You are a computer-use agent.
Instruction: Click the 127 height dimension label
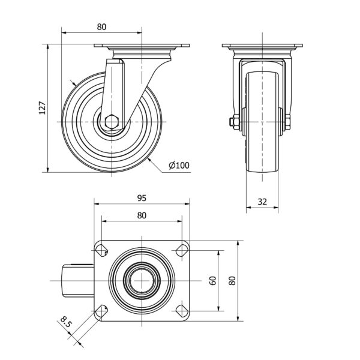pos(43,107)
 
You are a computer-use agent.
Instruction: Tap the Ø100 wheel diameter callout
pos(179,166)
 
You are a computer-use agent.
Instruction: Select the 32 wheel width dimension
pos(262,202)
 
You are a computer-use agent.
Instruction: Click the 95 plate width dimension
pos(142,198)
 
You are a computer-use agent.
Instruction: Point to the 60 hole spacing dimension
pos(213,281)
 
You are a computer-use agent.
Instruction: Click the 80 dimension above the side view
pos(101,27)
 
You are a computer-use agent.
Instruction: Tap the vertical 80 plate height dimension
pos(232,281)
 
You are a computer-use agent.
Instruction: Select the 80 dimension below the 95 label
pos(142,215)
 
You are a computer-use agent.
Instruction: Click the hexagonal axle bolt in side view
pos(112,121)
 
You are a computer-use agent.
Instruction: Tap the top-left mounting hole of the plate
pos(101,250)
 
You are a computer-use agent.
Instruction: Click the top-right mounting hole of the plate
pos(182,250)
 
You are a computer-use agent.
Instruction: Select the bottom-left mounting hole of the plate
pos(101,311)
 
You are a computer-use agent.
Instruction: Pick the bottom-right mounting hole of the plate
pos(182,311)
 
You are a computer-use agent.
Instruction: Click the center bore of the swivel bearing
pos(142,281)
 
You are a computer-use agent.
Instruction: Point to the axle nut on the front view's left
pos(234,122)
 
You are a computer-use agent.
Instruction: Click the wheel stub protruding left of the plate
pos(78,281)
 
